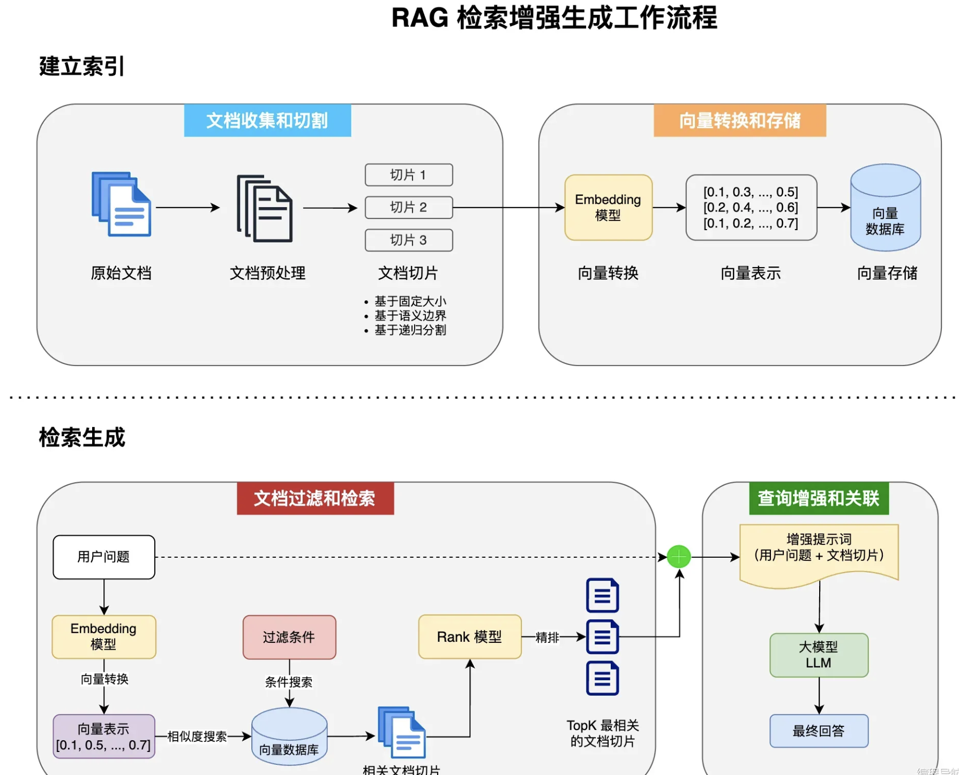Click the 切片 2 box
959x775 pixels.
409,208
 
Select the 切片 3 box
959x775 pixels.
409,240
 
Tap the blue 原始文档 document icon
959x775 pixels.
122,204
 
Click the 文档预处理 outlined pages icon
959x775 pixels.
265,208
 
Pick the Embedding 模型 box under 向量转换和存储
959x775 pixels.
608,208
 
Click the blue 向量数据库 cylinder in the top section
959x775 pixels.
885,208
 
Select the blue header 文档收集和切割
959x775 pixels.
267,121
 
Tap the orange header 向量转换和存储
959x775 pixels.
739,121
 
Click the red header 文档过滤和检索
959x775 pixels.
315,499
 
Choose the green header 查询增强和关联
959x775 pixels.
818,499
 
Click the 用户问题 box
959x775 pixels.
104,557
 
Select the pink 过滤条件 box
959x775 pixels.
289,637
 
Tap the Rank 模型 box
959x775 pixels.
469,637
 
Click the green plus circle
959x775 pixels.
679,557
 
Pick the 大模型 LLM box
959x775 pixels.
819,655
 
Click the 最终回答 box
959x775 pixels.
819,731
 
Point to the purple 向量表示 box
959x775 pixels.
104,736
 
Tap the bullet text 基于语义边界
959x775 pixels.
410,316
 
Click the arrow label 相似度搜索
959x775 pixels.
197,736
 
